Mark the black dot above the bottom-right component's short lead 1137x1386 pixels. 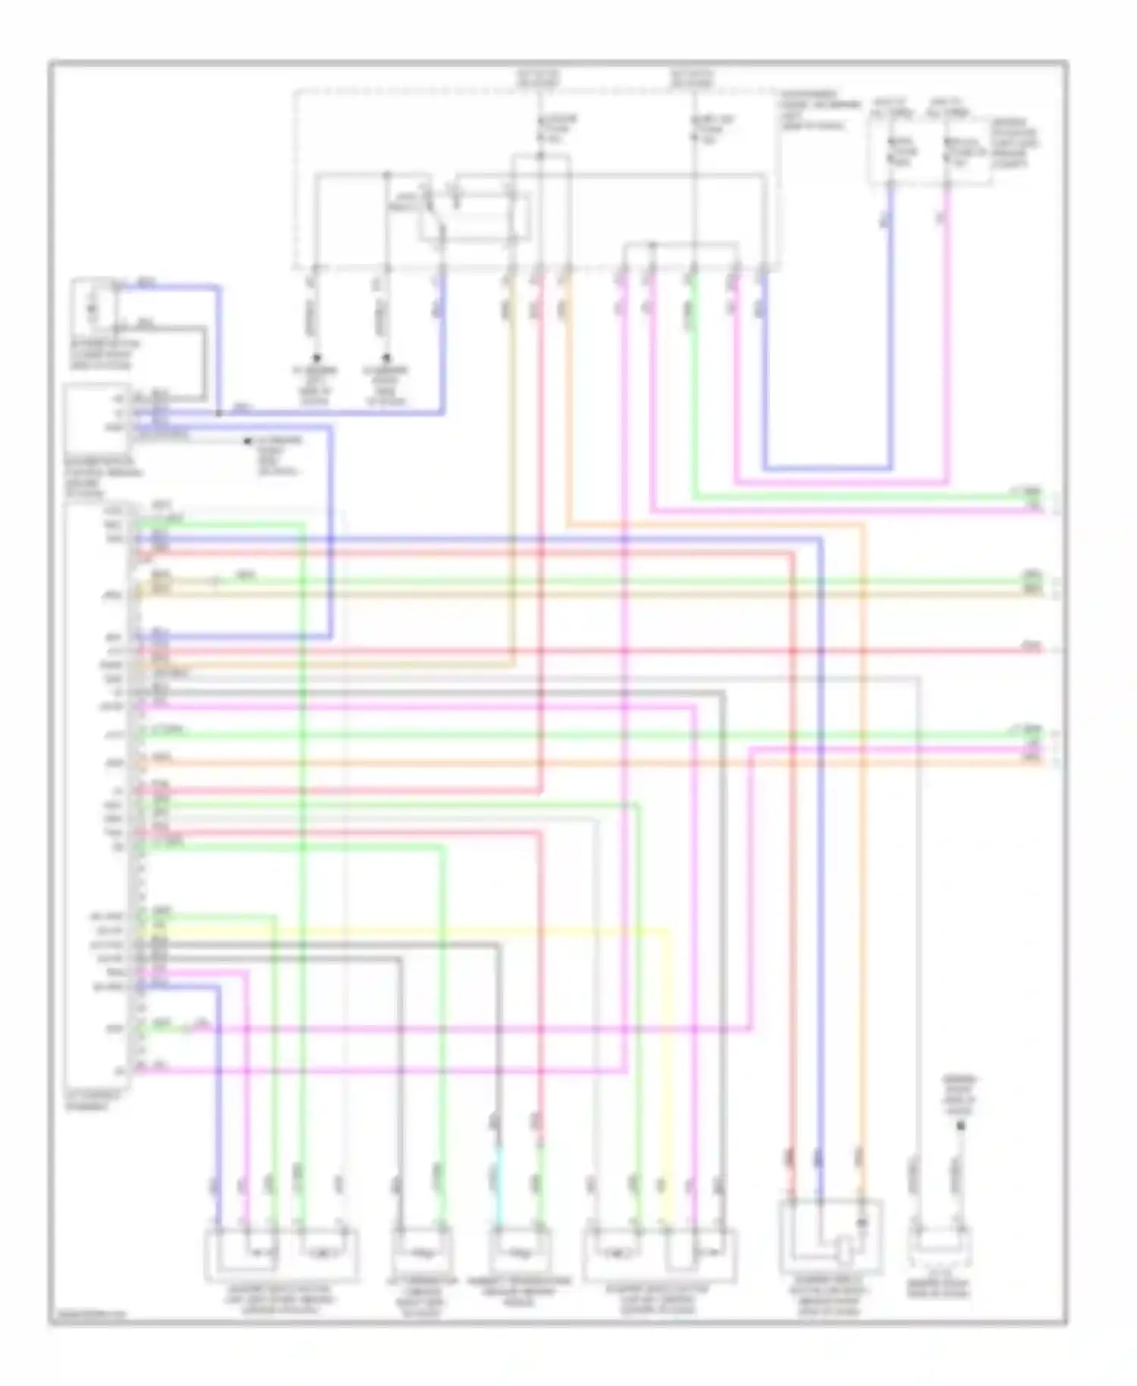coord(960,1127)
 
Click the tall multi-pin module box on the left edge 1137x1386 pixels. coord(97,796)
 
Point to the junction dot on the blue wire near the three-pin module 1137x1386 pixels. coord(219,413)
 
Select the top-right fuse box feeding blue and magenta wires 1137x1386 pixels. coord(929,152)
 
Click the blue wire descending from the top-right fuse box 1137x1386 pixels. coord(891,341)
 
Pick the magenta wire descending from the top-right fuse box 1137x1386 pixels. coord(947,341)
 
